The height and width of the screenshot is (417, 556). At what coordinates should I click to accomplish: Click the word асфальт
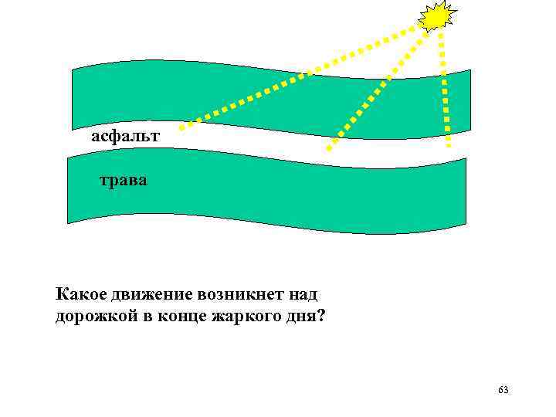125,137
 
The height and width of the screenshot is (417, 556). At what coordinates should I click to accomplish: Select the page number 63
503,389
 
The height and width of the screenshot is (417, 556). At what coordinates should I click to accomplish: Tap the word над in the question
303,294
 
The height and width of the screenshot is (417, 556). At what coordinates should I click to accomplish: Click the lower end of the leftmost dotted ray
182,125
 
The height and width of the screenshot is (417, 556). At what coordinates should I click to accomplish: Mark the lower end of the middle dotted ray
329,147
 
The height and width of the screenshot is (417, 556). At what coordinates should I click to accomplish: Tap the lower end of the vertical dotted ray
449,144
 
